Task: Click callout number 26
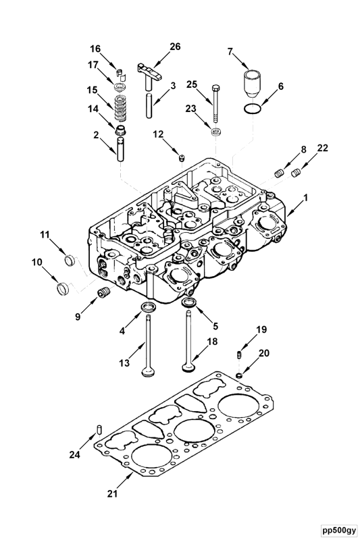(175, 47)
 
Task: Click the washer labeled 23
(215, 130)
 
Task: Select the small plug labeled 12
(182, 158)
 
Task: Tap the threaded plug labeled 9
(103, 294)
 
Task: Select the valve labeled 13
(147, 344)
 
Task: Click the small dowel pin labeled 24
(99, 428)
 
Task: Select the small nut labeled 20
(239, 375)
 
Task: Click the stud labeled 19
(238, 355)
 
